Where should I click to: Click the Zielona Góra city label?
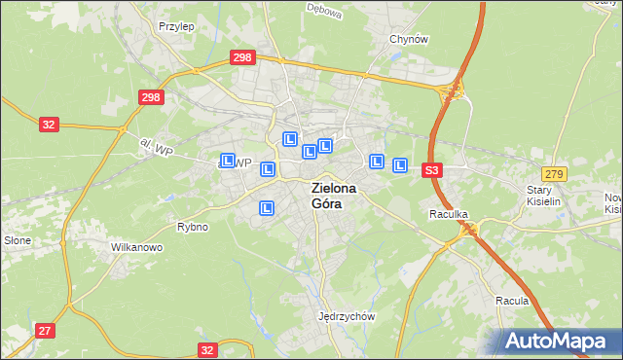[x=333, y=196]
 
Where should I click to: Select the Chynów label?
[x=408, y=39]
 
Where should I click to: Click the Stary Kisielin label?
[x=545, y=196]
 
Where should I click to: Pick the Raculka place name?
[x=450, y=212]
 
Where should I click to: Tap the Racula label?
[x=511, y=301]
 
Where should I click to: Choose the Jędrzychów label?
[x=347, y=316]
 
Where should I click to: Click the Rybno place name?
[x=192, y=227]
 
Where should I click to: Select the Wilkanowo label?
[x=136, y=247]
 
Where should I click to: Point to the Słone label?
[x=17, y=240]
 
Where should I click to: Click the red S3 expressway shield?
[x=433, y=170]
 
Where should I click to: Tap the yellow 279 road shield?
[x=554, y=173]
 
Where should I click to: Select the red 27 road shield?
[x=45, y=331]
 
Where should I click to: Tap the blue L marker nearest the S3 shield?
[x=399, y=165]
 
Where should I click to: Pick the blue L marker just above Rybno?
[x=267, y=207]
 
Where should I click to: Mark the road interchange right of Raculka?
[x=471, y=229]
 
